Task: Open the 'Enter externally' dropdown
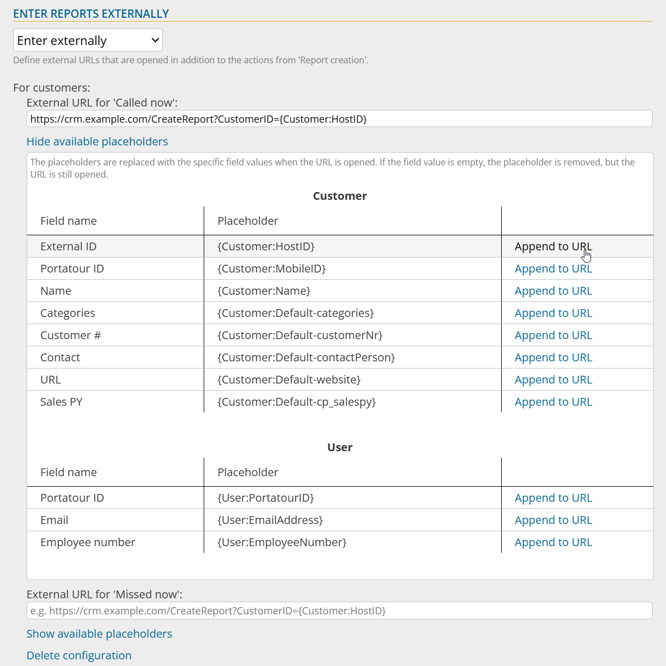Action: pyautogui.click(x=88, y=41)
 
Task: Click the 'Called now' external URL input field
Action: pyautogui.click(x=339, y=119)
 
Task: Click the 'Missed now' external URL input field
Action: pyautogui.click(x=339, y=610)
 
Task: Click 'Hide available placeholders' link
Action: pyautogui.click(x=97, y=142)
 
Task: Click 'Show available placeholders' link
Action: pyautogui.click(x=99, y=634)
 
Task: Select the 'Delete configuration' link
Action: pyautogui.click(x=79, y=655)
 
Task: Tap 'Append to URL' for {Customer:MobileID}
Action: pyautogui.click(x=553, y=269)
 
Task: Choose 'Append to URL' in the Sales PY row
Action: pyautogui.click(x=553, y=402)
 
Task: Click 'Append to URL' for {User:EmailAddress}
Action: pyautogui.click(x=553, y=520)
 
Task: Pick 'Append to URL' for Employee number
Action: pyautogui.click(x=553, y=542)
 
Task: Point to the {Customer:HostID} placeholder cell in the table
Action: pyautogui.click(x=266, y=246)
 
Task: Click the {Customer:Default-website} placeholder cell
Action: pyautogui.click(x=289, y=380)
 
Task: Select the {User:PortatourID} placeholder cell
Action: pyautogui.click(x=266, y=498)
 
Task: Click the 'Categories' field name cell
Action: pyautogui.click(x=68, y=313)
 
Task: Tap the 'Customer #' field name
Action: pyautogui.click(x=70, y=335)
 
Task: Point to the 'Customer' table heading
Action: pyautogui.click(x=340, y=196)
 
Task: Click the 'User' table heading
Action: pyautogui.click(x=340, y=447)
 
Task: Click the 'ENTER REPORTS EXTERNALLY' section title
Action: pyautogui.click(x=91, y=14)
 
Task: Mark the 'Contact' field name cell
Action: pyautogui.click(x=60, y=357)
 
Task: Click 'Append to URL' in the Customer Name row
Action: pyautogui.click(x=553, y=291)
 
